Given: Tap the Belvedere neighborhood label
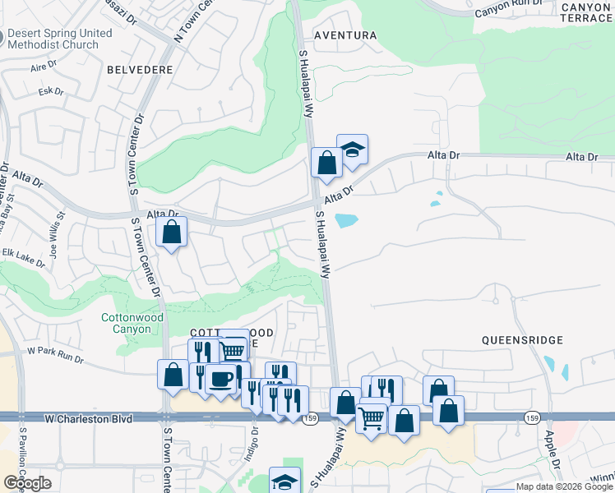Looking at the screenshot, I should (140, 70).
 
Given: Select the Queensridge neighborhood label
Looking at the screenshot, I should (522, 339).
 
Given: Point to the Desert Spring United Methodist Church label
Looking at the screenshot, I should (59, 39).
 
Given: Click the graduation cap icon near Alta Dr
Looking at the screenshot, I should (352, 150).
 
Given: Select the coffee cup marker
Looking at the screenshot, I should (220, 380).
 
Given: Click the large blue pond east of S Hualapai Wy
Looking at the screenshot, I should (346, 220).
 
